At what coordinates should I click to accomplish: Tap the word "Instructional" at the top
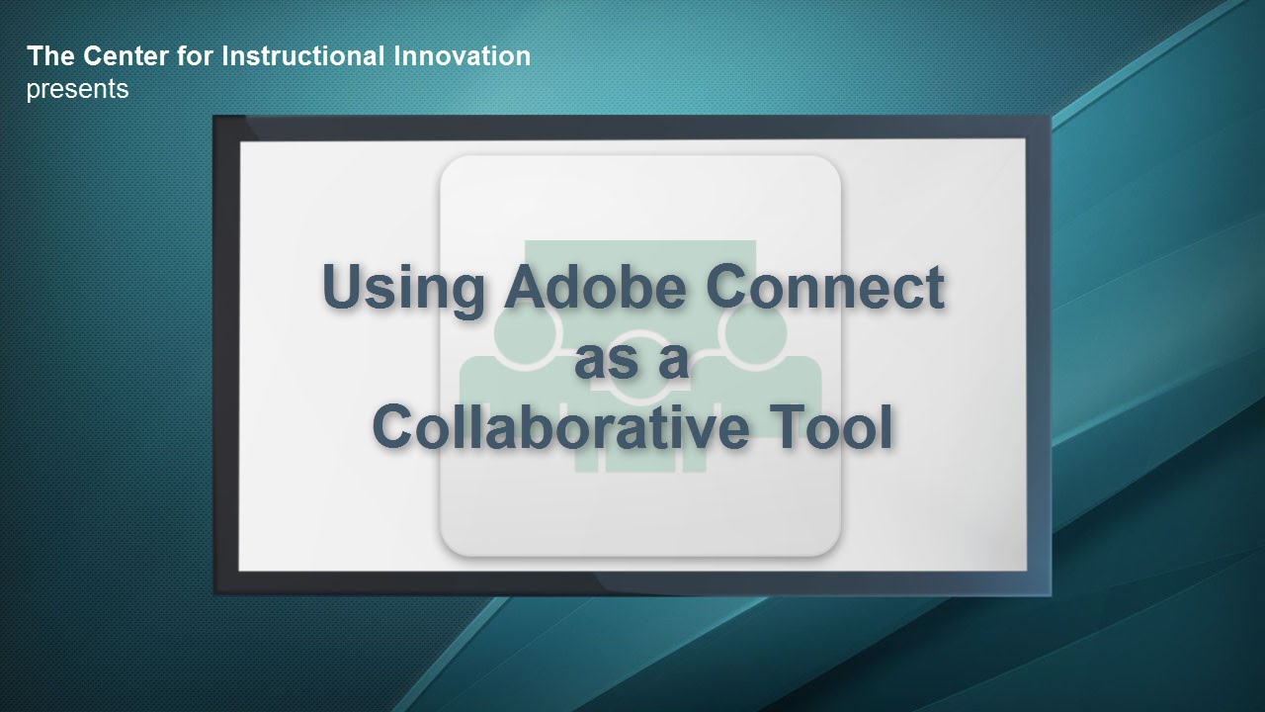coord(303,56)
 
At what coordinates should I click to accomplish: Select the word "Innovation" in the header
coord(463,56)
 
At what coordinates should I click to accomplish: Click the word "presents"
coord(77,90)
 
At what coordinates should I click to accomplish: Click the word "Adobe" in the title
coord(596,287)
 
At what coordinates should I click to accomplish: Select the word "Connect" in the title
coord(825,287)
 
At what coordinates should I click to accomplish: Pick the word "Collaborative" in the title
coord(560,426)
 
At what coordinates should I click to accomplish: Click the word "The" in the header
coord(50,56)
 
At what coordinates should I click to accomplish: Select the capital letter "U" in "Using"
coord(345,287)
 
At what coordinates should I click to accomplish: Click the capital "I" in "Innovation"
coord(397,56)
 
